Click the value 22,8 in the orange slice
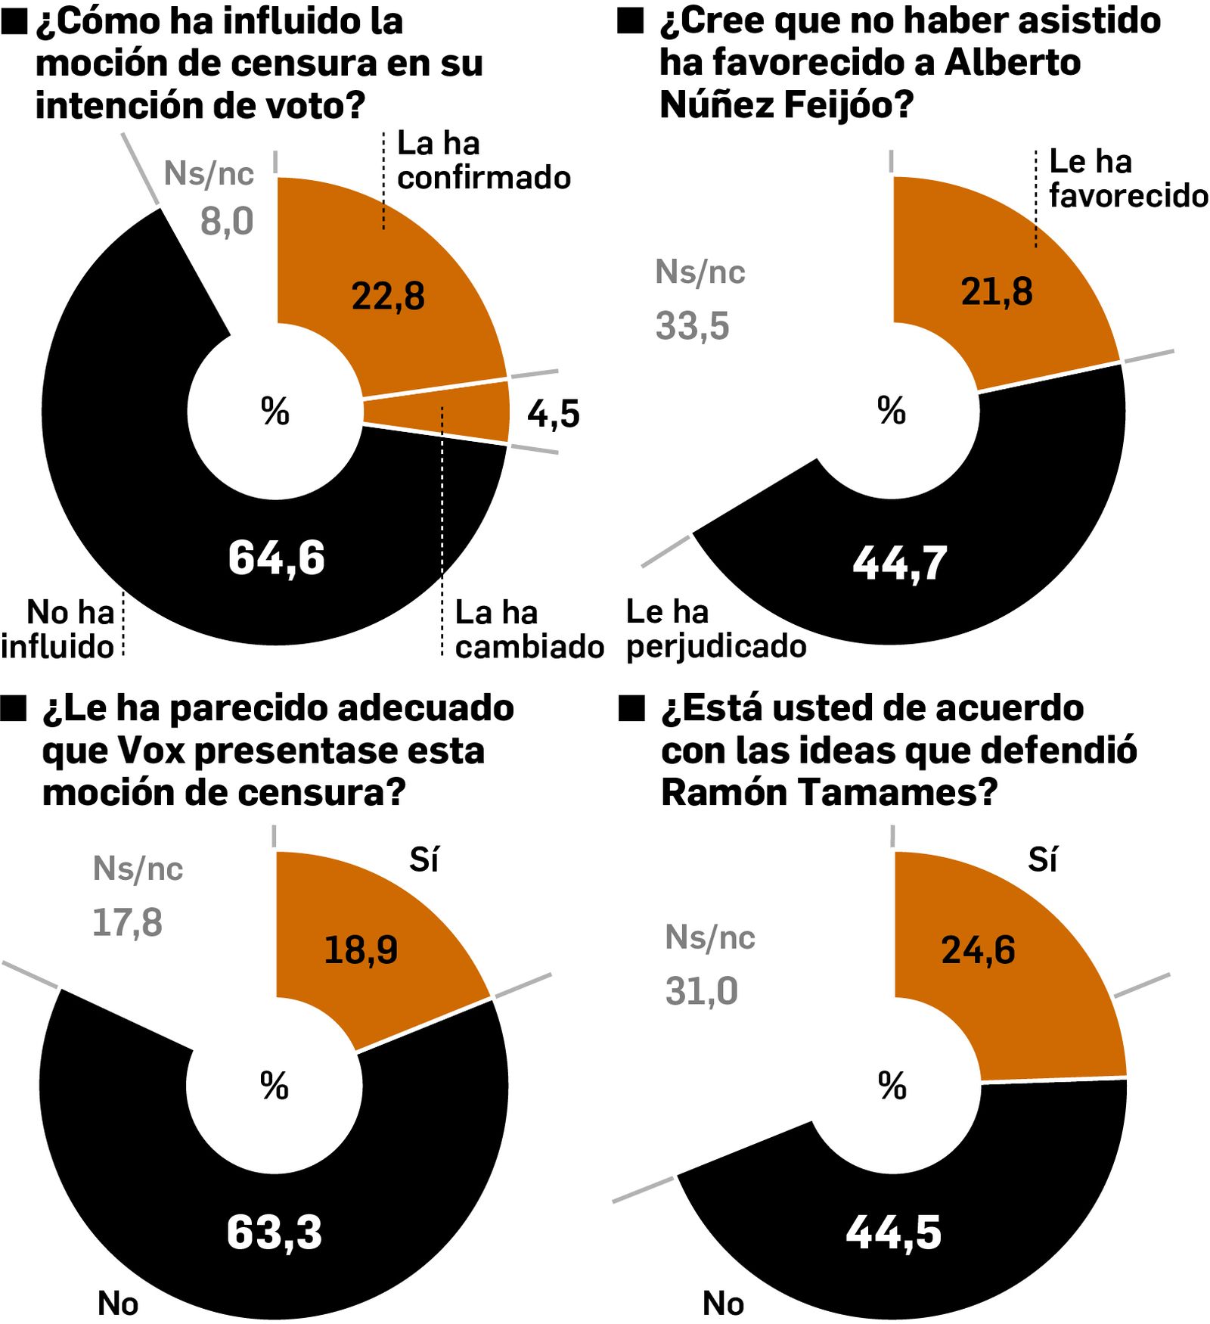(388, 296)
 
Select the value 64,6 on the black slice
(276, 558)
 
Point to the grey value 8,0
(226, 222)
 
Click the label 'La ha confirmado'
(482, 160)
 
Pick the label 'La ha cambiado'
(529, 629)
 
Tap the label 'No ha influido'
(58, 629)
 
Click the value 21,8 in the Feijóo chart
(996, 292)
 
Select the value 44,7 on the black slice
(899, 564)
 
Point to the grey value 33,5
(692, 327)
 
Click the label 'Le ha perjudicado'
(715, 629)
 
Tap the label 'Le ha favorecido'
(1127, 179)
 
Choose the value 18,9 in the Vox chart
(361, 950)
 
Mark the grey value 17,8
(127, 923)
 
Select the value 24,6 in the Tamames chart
(978, 950)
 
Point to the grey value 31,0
(701, 991)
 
